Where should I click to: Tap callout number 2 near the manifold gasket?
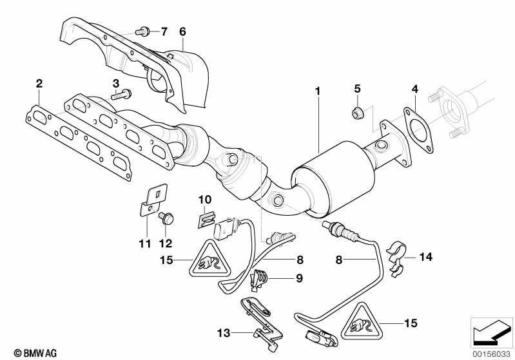click(x=39, y=84)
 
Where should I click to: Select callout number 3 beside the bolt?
click(x=116, y=83)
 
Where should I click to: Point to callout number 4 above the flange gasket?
click(x=415, y=88)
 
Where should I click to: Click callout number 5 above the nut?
click(x=358, y=88)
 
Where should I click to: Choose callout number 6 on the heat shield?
click(x=182, y=31)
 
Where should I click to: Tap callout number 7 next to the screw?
click(x=163, y=31)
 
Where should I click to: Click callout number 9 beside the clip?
click(x=281, y=279)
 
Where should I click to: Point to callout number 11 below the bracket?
click(x=145, y=244)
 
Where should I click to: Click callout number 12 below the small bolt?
click(x=166, y=244)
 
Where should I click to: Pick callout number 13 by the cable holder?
click(x=224, y=333)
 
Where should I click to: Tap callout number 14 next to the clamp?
click(x=425, y=257)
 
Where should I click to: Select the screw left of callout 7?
click(x=143, y=30)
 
